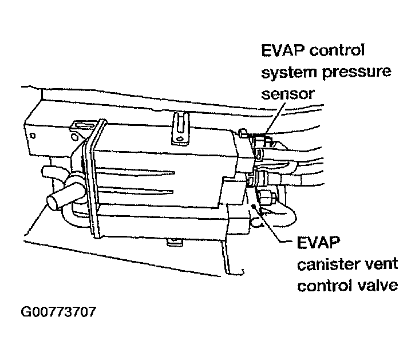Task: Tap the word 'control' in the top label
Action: coord(337,51)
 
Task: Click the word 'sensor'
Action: coord(288,93)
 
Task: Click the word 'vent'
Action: coord(378,265)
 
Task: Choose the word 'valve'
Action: coord(375,285)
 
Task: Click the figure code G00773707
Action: coord(58,313)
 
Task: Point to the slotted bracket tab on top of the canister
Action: coord(180,126)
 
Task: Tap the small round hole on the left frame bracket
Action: coord(33,136)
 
